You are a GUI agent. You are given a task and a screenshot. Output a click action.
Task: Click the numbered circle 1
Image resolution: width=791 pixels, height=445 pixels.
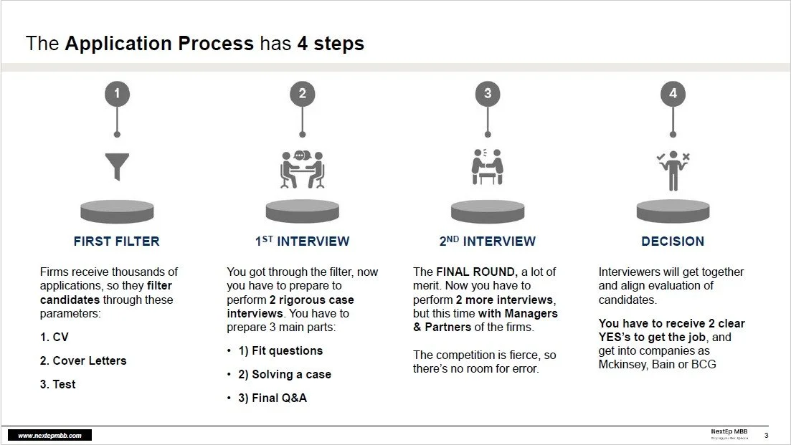coord(117,93)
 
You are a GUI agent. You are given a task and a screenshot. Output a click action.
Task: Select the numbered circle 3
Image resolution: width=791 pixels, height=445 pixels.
coord(488,93)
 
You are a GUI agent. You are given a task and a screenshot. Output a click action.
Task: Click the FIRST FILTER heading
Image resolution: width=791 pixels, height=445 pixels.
coord(117,241)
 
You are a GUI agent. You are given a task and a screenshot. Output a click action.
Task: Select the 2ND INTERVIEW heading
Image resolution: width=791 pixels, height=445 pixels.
coord(488,241)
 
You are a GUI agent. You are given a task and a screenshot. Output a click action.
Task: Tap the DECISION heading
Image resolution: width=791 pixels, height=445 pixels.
coord(673,241)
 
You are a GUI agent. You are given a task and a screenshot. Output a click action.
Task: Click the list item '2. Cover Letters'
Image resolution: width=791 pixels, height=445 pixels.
coord(83,360)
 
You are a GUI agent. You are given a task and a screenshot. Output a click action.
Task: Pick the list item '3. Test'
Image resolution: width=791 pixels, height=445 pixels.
coord(58,384)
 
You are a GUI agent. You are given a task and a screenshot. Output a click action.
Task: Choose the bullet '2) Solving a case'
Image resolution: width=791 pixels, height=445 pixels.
coord(285,374)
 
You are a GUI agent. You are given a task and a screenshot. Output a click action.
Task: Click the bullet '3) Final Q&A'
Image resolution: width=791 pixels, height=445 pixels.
coord(273,398)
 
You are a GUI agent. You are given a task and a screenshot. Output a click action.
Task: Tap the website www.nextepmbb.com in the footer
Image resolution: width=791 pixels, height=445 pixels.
coord(49,436)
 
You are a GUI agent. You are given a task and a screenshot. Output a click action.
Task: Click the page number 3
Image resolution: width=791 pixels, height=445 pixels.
coord(766,436)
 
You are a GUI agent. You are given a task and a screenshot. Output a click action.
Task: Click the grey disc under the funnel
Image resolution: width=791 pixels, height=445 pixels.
coord(117,211)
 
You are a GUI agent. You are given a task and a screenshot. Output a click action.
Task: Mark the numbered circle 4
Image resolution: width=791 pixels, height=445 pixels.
coord(673,93)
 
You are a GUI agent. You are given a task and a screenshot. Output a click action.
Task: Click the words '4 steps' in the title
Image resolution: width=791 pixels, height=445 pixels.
coord(331,44)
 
